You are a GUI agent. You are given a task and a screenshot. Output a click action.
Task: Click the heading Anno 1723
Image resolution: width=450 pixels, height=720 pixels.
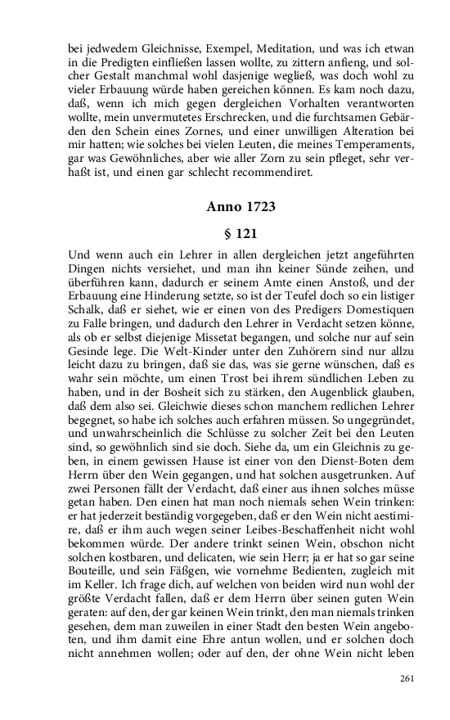(241, 207)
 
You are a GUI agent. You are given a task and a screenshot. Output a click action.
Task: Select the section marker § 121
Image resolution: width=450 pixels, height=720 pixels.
(241, 233)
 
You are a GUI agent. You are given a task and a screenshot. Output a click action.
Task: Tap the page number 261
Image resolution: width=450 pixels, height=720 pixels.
(408, 678)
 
